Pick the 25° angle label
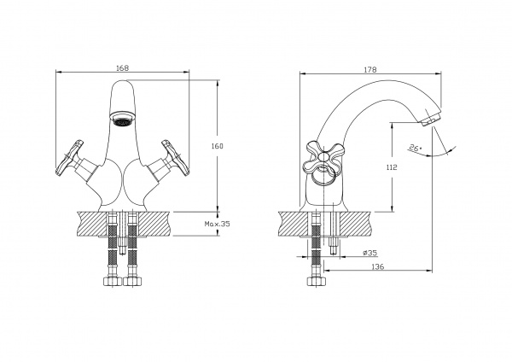pyautogui.click(x=415, y=147)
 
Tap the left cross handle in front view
pyautogui.click(x=70, y=158)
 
